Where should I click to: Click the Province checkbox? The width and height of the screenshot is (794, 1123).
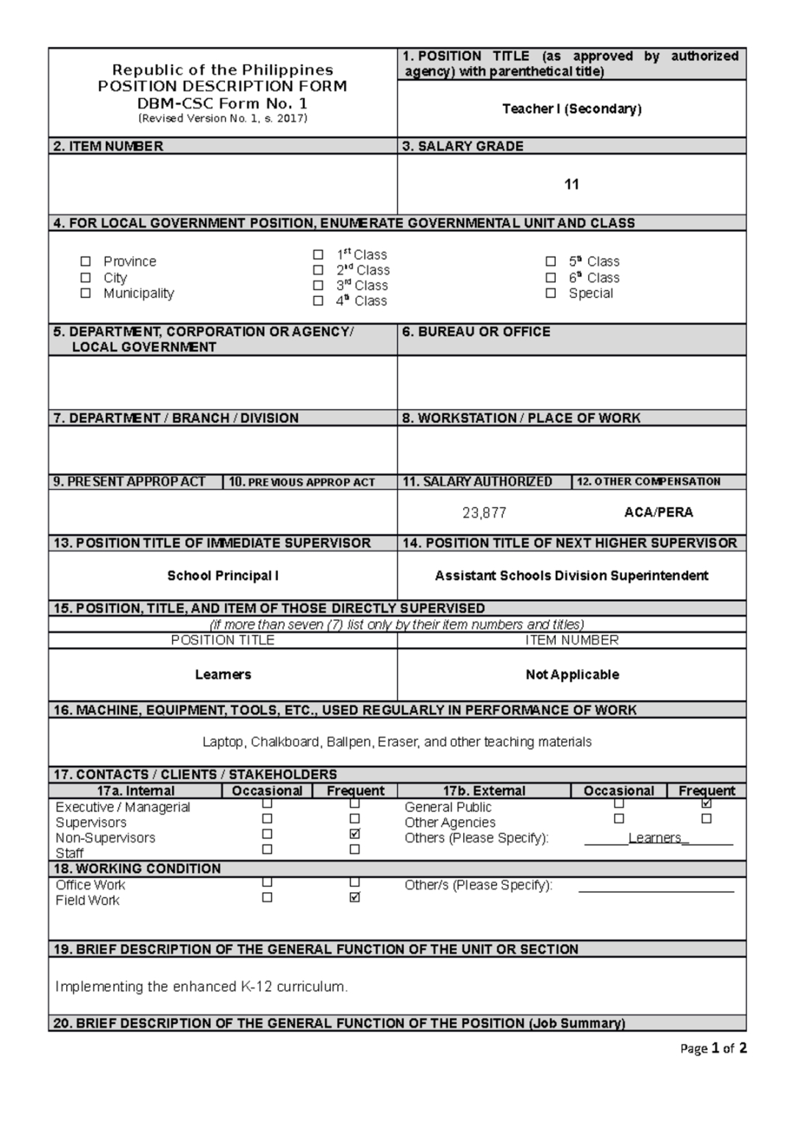click(x=86, y=262)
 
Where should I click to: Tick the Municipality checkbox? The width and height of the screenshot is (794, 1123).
click(x=86, y=293)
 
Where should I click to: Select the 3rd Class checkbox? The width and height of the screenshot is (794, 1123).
click(x=318, y=285)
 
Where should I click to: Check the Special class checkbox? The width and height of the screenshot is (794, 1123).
click(x=551, y=293)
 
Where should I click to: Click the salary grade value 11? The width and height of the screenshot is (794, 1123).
click(x=572, y=184)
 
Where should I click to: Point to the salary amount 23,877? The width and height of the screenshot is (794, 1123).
click(x=484, y=513)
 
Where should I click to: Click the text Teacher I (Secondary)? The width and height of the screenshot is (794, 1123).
click(x=572, y=109)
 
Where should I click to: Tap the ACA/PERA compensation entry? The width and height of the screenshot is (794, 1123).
click(x=659, y=512)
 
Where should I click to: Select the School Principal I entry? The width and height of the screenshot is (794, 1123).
click(x=223, y=575)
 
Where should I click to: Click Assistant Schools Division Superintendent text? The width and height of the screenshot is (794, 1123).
click(x=572, y=575)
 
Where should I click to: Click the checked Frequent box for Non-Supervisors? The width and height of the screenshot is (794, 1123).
click(x=355, y=834)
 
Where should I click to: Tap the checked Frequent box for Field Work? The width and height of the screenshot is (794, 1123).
click(x=355, y=897)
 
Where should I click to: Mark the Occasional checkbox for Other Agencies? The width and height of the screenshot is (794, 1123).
click(x=619, y=819)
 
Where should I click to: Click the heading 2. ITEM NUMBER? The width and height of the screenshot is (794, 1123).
click(x=108, y=146)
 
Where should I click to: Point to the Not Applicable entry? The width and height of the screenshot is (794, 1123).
click(x=572, y=675)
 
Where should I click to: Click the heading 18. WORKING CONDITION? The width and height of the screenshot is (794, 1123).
click(x=137, y=869)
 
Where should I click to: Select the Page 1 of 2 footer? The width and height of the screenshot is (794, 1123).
click(x=713, y=1049)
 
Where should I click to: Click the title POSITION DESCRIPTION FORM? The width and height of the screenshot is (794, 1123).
click(x=223, y=87)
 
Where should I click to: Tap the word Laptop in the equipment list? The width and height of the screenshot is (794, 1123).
click(x=223, y=742)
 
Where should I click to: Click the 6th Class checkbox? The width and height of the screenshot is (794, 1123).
click(x=551, y=278)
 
